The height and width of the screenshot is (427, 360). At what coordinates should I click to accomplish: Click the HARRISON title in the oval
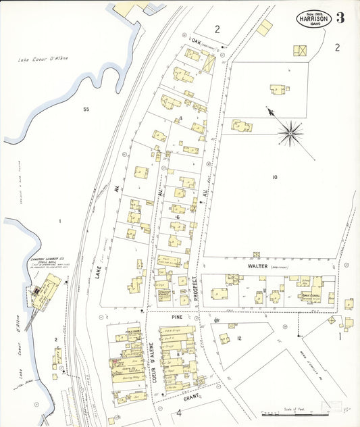[313, 20]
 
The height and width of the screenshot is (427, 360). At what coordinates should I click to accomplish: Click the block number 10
[274, 177]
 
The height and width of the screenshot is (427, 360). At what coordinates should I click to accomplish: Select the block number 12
[238, 338]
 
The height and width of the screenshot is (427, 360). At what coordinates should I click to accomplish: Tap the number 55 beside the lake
[86, 109]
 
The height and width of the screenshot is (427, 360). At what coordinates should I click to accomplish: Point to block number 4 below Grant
[180, 411]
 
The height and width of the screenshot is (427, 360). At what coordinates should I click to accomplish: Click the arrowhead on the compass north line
[270, 111]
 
